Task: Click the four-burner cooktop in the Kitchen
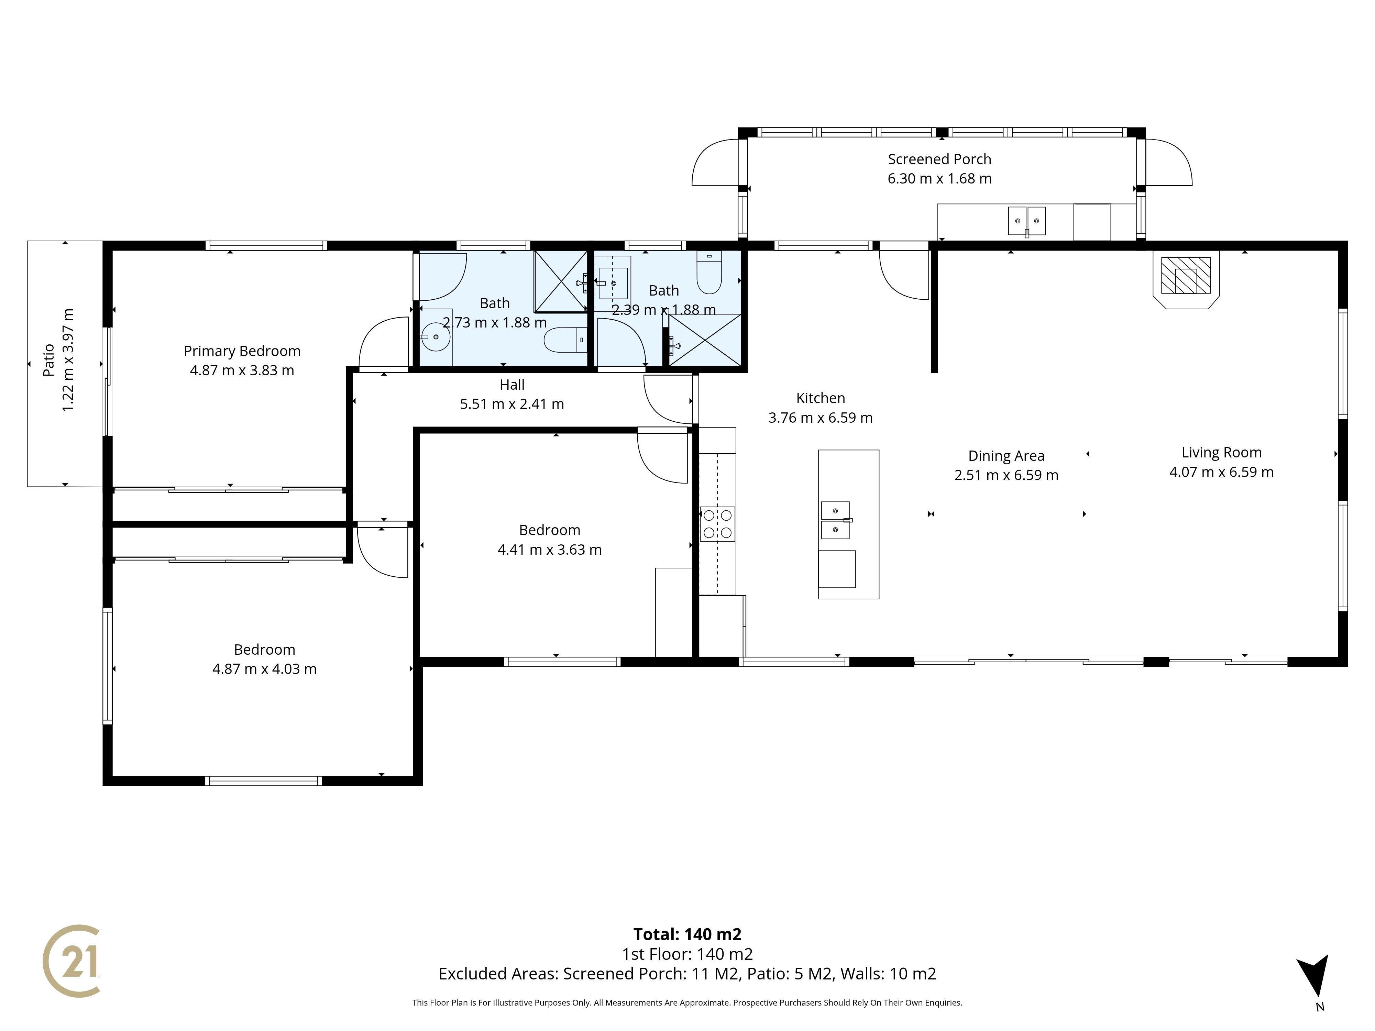click(717, 524)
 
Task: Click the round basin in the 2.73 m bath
click(436, 337)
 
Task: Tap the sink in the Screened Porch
click(1027, 221)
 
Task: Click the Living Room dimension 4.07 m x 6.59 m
click(1221, 472)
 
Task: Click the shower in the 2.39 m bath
click(705, 340)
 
